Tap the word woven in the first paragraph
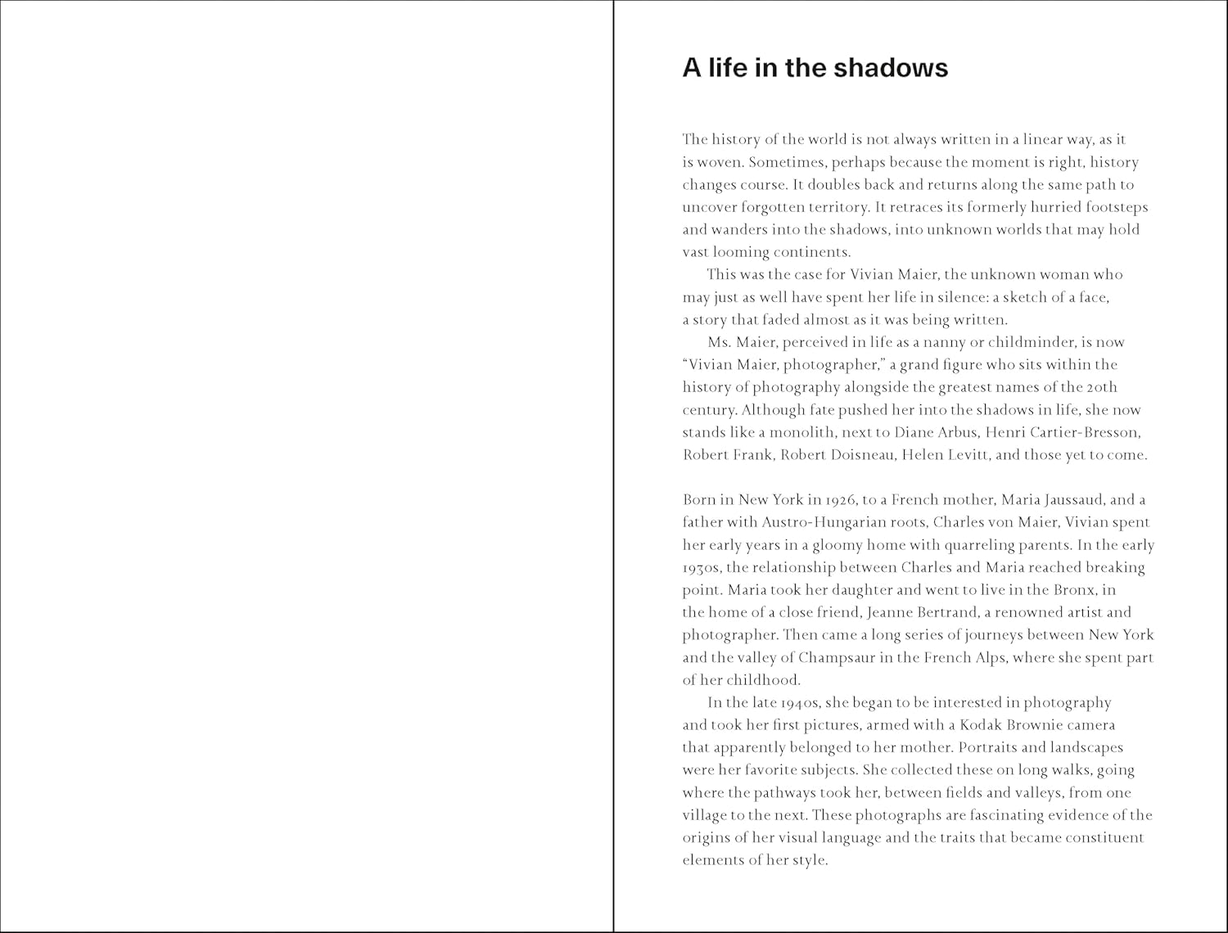(720, 162)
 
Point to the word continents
(810, 252)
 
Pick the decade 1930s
(702, 567)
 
